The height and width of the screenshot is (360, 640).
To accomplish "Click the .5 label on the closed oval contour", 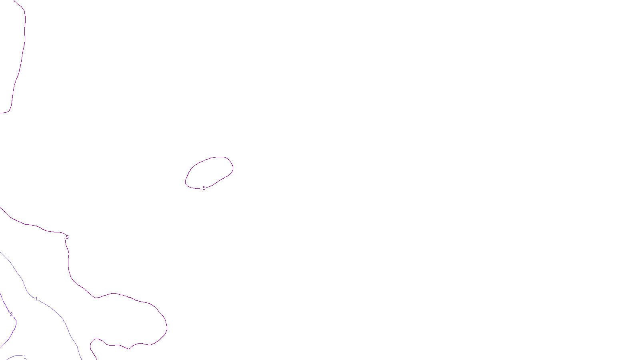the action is click(x=204, y=188).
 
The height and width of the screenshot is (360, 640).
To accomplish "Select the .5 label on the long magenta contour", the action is click(x=67, y=237).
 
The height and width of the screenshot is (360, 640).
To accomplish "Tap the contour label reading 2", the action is click(x=11, y=314).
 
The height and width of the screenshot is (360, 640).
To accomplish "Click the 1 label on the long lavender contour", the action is click(x=36, y=299).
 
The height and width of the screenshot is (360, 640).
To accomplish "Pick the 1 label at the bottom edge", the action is click(x=25, y=357).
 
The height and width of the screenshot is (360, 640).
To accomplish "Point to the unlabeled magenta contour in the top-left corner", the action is click(x=22, y=60).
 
